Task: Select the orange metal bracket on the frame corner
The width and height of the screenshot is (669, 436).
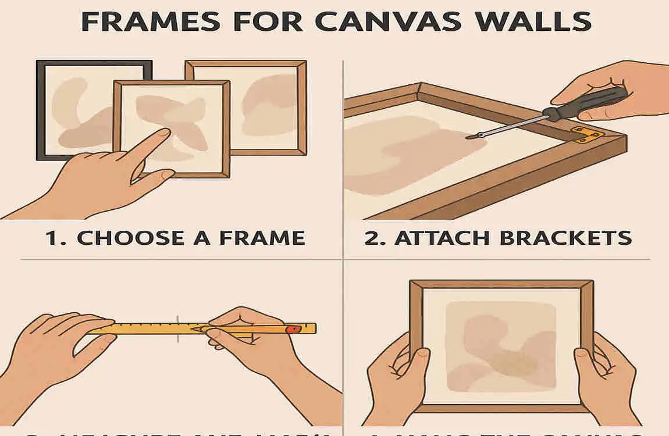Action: (588, 135)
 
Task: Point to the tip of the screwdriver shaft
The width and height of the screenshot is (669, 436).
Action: (469, 137)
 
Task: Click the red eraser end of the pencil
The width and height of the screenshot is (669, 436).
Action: (296, 329)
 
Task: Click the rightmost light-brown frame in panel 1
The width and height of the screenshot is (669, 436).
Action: (291, 105)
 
